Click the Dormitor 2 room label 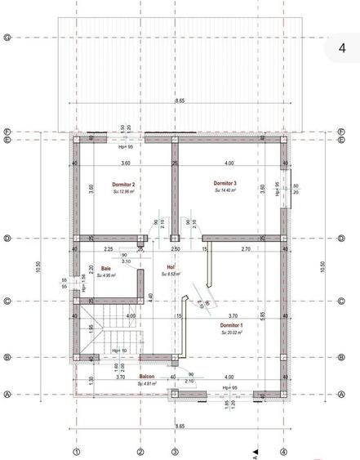(x=123, y=185)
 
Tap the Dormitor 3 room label (x=225, y=183)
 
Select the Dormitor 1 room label (x=232, y=324)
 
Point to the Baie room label (x=106, y=268)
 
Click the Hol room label (x=171, y=266)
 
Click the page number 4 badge (x=341, y=48)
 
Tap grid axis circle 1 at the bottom (x=77, y=451)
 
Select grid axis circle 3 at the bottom (x=174, y=451)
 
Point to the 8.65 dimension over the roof (x=179, y=100)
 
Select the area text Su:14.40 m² (x=225, y=190)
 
